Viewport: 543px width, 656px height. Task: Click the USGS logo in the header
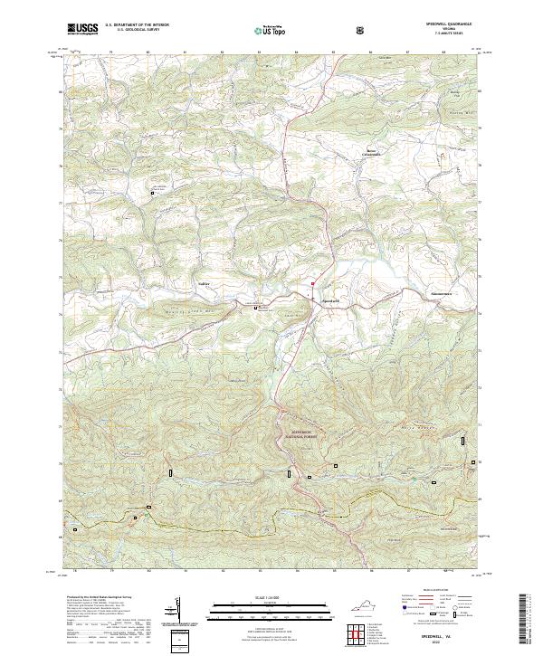[x=82, y=29]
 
